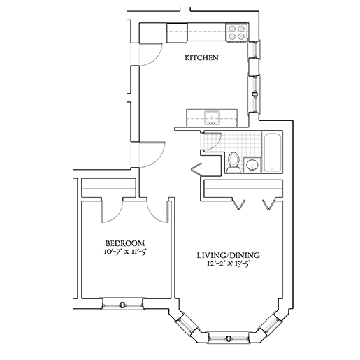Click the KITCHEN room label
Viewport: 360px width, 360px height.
(201, 57)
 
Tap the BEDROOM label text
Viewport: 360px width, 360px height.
(125, 243)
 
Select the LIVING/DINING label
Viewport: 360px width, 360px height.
(229, 255)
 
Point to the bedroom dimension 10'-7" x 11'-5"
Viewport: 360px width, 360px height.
(125, 252)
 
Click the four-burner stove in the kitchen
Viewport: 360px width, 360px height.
(237, 32)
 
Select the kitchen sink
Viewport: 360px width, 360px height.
(212, 117)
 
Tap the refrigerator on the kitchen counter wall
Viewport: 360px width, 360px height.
(177, 33)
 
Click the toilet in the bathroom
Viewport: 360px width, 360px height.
(233, 162)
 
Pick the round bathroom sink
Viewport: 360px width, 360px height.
(252, 165)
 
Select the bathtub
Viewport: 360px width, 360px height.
(273, 152)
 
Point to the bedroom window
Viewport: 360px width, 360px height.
(122, 304)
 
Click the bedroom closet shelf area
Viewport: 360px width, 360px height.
(108, 188)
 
